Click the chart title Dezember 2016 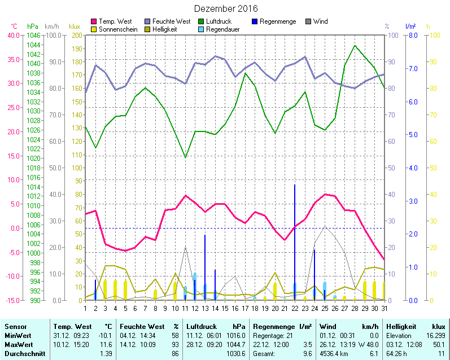225,8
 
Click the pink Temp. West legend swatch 94,21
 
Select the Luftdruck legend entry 219,21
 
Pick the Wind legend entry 320,21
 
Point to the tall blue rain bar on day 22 295,243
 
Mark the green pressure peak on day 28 355,46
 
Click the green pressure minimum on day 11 185,157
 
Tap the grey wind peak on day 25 325,226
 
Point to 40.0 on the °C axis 13,35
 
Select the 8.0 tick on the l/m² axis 412,35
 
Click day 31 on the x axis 384,308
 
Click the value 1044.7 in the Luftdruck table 237,344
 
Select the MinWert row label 18,335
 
